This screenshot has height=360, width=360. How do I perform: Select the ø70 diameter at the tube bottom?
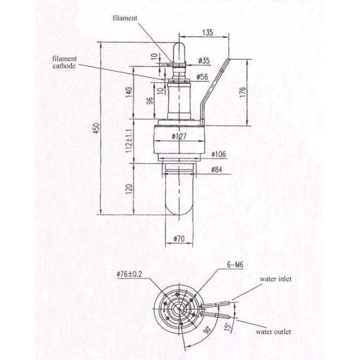(179, 239)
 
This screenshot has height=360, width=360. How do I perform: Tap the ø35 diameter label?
(204, 61)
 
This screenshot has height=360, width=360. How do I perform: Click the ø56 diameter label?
(202, 77)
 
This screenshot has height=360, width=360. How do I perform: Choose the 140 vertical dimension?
(128, 92)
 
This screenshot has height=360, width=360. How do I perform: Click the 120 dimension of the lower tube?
(128, 190)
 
